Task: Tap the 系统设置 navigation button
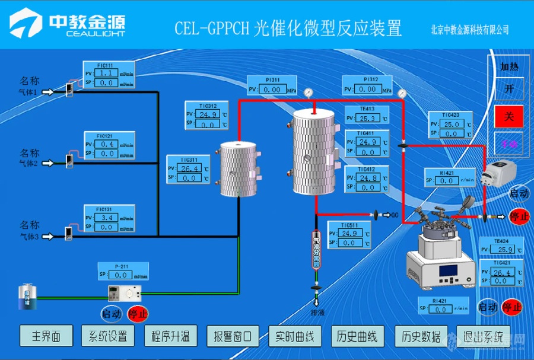107,336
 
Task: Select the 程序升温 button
170,336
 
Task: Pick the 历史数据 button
420,336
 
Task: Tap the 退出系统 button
483,336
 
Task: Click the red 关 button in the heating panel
508,116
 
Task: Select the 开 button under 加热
508,89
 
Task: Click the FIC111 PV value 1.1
107,73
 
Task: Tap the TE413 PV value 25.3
367,118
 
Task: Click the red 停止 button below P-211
138,313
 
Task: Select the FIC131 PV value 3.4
107,218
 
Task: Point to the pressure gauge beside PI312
403,93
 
